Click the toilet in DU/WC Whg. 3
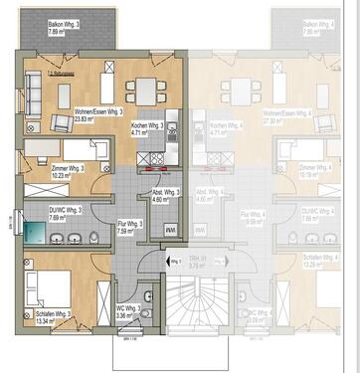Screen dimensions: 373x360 (93, 236)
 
